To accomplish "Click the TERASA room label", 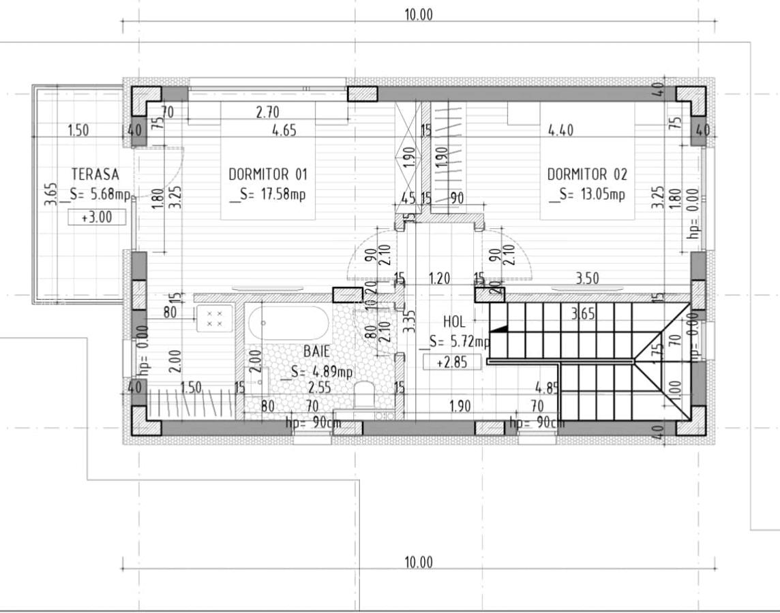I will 95,174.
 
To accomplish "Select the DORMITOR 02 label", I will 587,174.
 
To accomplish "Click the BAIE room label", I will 316,351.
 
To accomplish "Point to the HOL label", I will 454,321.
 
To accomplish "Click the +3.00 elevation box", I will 97,217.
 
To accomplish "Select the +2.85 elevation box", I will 452,362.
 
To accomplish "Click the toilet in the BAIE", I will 363,394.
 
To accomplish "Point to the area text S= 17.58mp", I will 268,195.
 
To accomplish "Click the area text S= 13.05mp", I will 587,195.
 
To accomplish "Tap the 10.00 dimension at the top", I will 419,14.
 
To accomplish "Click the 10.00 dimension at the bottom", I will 419,562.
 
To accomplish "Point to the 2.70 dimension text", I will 267,112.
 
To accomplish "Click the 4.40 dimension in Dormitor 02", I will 560,130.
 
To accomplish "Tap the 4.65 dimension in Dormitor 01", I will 284,130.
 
